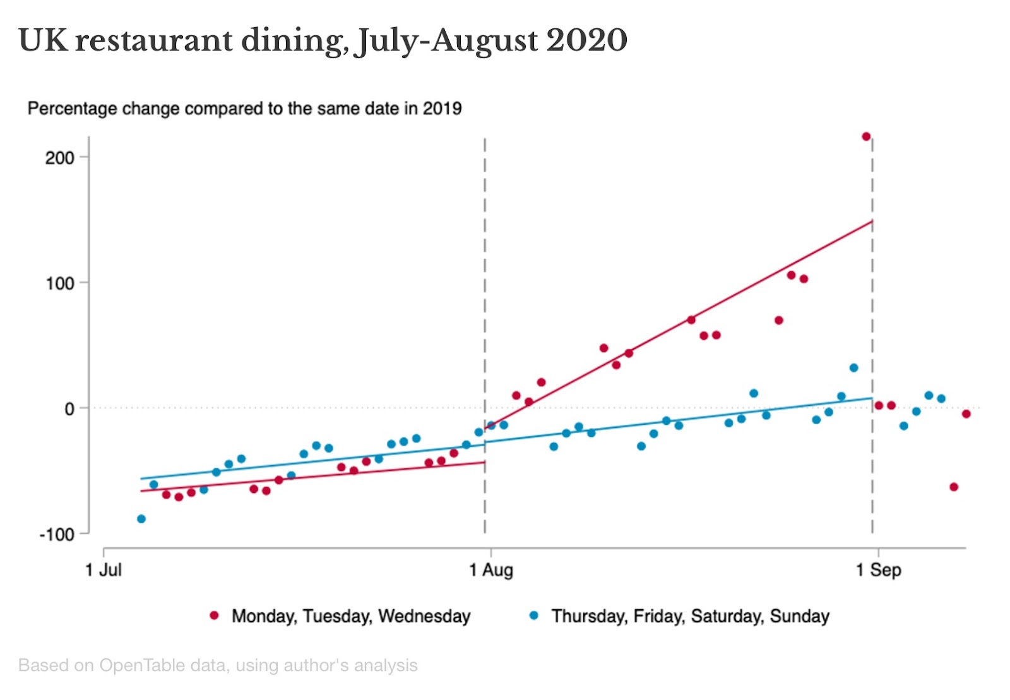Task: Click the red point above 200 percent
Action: (x=866, y=136)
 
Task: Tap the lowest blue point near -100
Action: (x=141, y=519)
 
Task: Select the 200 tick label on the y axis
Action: (x=60, y=158)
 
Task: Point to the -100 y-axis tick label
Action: (x=57, y=535)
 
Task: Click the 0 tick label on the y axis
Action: (x=69, y=409)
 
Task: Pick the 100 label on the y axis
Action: (x=60, y=283)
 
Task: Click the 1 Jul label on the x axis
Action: (x=104, y=571)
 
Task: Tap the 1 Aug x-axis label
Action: (x=491, y=571)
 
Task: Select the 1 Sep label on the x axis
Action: (x=878, y=571)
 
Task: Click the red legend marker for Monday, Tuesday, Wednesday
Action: (x=215, y=615)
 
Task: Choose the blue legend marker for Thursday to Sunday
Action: (x=534, y=615)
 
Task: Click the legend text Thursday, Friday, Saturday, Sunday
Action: (x=690, y=616)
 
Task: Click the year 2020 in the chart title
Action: (x=586, y=40)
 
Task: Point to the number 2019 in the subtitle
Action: (x=442, y=109)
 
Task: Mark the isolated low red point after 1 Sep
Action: (x=954, y=487)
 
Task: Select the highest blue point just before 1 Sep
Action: (x=853, y=368)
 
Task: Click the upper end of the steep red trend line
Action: (x=872, y=221)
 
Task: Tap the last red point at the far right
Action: (x=966, y=414)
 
